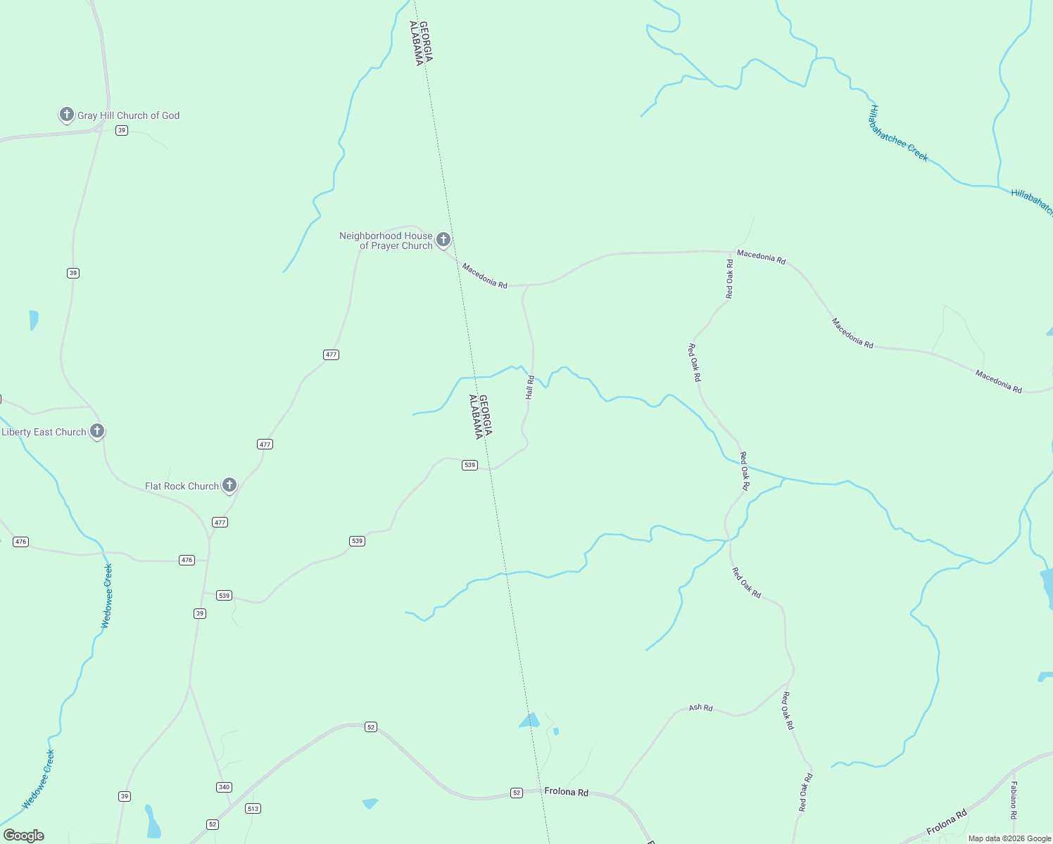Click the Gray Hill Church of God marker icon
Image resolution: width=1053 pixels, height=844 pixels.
pos(66,115)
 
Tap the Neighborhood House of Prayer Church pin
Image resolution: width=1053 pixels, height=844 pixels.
pos(443,240)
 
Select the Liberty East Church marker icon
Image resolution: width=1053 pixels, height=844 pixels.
pos(97,431)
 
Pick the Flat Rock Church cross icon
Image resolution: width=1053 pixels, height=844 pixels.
pos(229,485)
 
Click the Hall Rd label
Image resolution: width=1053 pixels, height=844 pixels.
pos(530,388)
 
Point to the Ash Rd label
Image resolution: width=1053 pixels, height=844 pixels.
pos(700,708)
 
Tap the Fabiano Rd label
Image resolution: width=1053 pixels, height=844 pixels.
pos(1014,800)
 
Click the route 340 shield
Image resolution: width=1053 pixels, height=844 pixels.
pos(224,787)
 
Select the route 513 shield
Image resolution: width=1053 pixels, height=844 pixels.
pos(253,809)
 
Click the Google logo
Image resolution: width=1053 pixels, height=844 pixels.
pos(24,836)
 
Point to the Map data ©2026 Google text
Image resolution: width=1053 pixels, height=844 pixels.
pos(1009,838)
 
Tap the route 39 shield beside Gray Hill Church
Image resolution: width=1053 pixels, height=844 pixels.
pos(122,130)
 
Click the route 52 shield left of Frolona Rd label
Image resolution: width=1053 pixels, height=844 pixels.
pos(517,793)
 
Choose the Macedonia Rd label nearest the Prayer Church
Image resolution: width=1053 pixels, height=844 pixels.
pos(484,276)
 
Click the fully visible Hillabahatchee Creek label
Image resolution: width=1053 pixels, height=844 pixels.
pos(899,133)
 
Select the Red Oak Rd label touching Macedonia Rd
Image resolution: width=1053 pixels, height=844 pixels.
pos(730,279)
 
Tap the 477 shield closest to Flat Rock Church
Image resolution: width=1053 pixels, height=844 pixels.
pos(220,522)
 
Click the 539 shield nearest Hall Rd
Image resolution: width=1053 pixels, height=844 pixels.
pos(469,465)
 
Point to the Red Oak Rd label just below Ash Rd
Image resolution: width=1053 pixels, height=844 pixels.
pos(788,711)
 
